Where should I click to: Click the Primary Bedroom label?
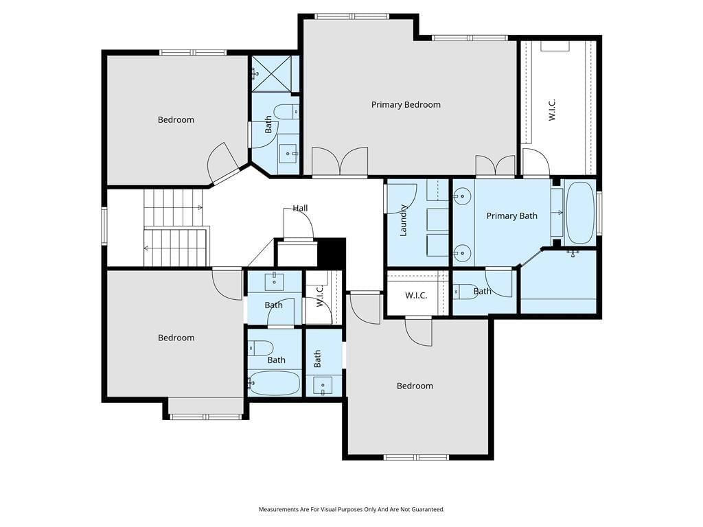tap(406, 105)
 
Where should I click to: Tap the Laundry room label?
tap(403, 220)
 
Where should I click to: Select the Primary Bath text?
tap(511, 216)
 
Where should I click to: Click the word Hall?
tap(301, 208)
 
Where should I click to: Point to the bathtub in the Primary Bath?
tap(579, 213)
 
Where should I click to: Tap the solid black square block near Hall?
tap(331, 254)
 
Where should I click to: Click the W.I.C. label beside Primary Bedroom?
tap(553, 110)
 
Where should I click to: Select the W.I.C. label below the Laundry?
tap(416, 296)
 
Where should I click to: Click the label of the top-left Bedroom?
tap(176, 119)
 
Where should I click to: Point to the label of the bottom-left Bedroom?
tap(176, 338)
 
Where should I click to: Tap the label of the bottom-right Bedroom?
tap(415, 386)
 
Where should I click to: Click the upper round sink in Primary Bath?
tap(461, 196)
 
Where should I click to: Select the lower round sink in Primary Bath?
tap(461, 253)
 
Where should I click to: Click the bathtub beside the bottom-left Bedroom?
tap(274, 383)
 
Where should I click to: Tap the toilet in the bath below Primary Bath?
tap(463, 292)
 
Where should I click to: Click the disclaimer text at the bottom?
tap(351, 509)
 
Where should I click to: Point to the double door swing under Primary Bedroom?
tap(340, 161)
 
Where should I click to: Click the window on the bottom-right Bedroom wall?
tap(416, 457)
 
